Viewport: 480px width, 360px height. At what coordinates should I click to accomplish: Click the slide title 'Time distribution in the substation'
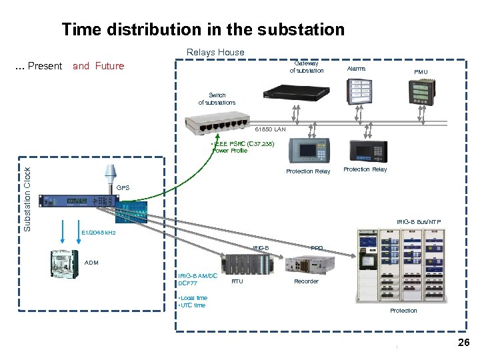203,29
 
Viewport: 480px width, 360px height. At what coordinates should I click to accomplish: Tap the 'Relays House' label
215,52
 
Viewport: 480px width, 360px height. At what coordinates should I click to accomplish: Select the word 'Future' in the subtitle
109,66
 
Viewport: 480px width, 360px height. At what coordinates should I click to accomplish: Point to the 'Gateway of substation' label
307,67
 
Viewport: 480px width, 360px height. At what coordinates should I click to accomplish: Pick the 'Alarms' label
357,68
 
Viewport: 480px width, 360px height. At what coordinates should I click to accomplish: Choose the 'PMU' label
421,71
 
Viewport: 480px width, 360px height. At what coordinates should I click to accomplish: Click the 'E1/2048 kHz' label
98,233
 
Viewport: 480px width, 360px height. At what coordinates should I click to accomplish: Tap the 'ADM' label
92,263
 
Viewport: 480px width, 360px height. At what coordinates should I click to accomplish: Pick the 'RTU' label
237,281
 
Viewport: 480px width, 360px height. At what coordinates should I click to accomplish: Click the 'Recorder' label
306,281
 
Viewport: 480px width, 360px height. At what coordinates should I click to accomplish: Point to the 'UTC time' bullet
192,305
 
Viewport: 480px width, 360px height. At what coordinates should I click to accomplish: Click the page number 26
463,343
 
